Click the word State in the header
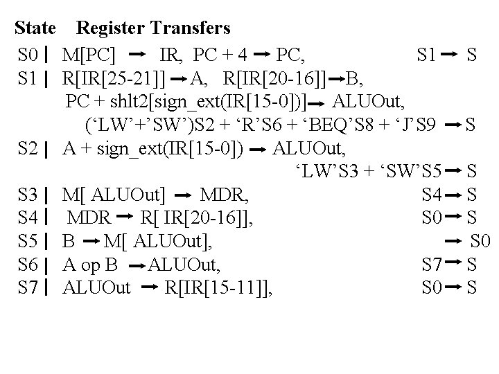[x=35, y=28]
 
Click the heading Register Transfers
[x=153, y=28]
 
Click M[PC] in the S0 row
[x=89, y=53]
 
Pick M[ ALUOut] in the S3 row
[x=114, y=194]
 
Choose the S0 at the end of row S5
[x=480, y=241]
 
